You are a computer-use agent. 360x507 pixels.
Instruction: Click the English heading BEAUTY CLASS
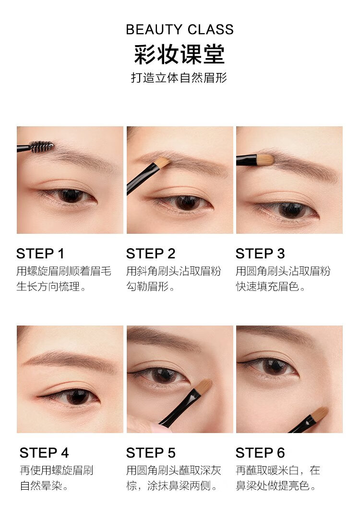pos(180,29)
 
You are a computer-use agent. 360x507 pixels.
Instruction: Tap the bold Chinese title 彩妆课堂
pos(180,54)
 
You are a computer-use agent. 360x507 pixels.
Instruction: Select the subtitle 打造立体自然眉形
pos(179,78)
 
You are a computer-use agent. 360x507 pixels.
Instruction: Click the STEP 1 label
pos(40,254)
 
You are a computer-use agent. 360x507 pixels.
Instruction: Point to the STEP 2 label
pos(151,254)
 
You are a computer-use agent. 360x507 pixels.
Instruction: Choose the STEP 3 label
pos(260,254)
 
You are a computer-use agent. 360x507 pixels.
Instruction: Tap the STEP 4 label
pos(44,453)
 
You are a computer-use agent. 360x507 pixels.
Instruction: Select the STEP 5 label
pos(151,453)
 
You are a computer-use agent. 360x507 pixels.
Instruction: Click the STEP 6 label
pos(260,453)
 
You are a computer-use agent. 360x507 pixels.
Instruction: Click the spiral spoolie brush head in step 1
pos(41,146)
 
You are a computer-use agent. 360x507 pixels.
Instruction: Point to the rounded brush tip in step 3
pos(265,159)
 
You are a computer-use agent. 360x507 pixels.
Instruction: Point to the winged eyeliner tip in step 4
pos(38,396)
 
